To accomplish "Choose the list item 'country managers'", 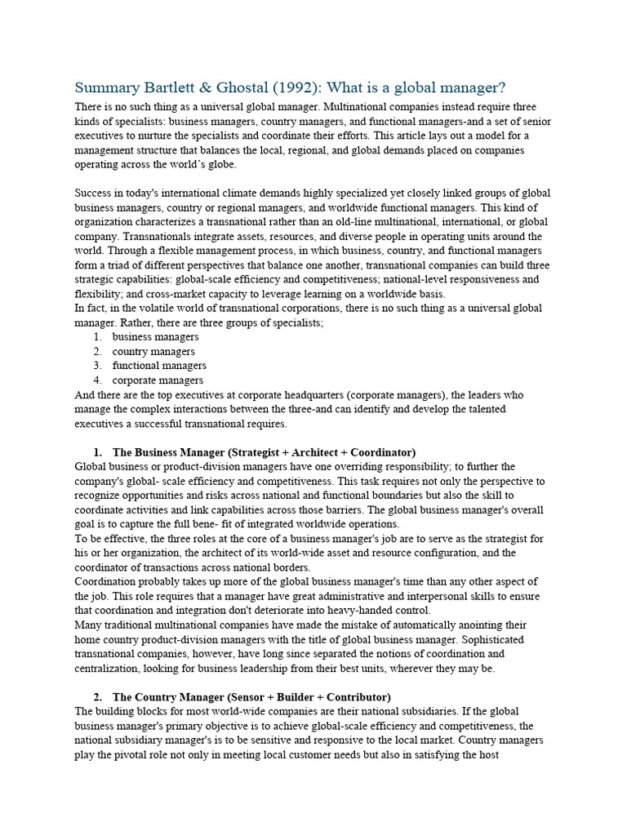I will point(153,351).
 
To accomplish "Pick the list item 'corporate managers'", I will point(158,380).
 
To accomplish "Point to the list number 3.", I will point(96,366).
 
